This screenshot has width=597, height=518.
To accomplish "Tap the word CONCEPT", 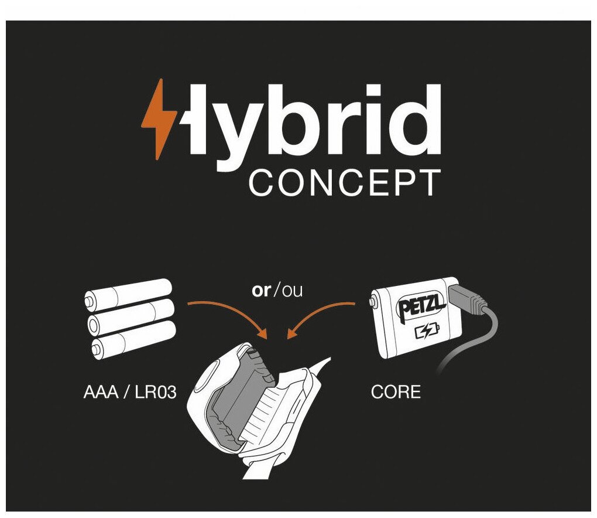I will click(344, 183).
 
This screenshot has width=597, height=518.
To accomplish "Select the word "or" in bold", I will click(261, 290).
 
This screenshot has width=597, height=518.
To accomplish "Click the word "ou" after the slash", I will click(292, 290).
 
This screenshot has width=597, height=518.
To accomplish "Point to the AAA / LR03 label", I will click(130, 392).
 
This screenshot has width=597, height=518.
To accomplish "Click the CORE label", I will click(396, 392).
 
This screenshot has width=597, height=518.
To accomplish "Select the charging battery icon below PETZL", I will click(426, 333).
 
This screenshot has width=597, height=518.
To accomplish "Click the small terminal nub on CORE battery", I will click(373, 302).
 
